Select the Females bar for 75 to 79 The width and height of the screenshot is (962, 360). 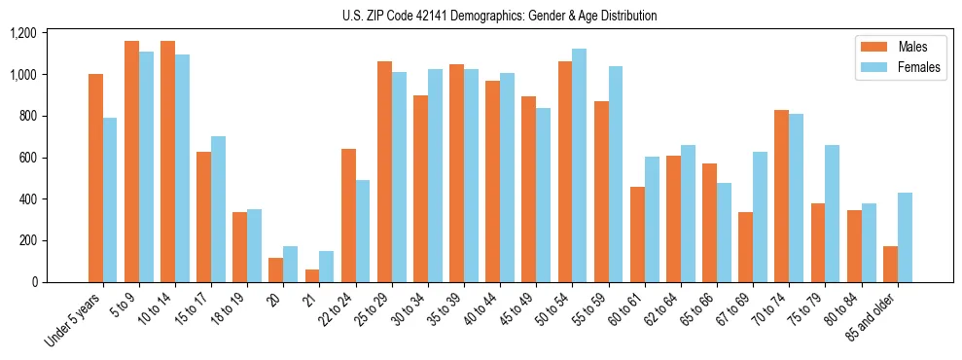pos(833,213)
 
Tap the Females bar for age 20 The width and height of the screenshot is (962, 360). pos(291,264)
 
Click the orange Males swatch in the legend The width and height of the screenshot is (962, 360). pos(870,47)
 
